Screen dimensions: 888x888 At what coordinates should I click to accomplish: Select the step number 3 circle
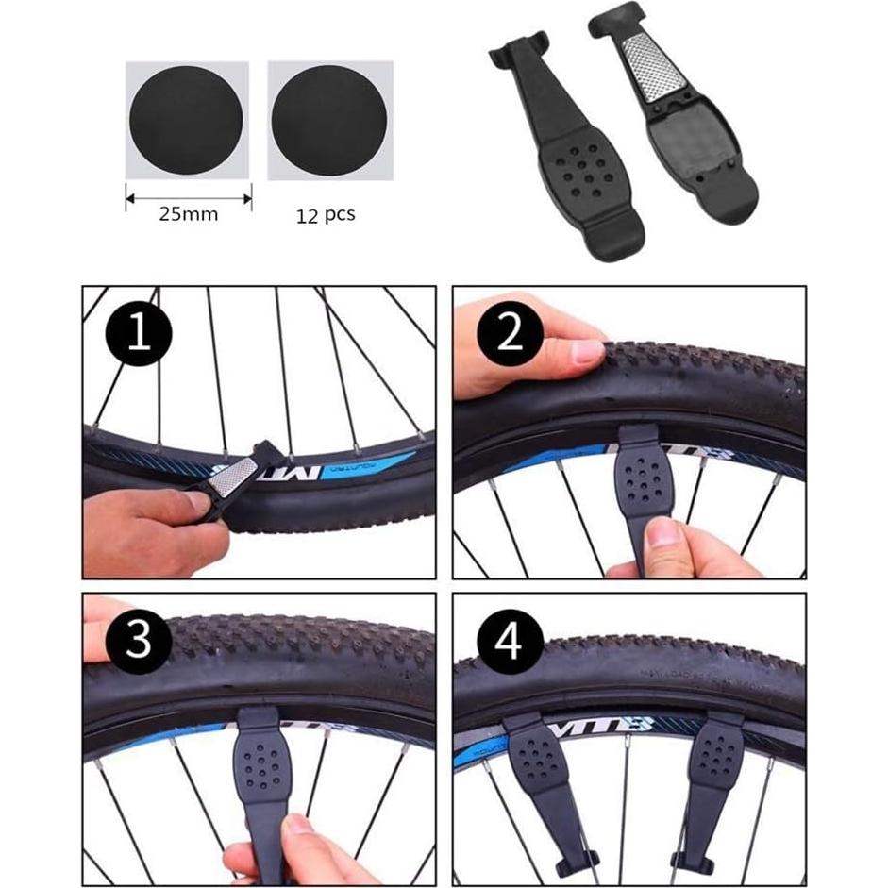point(139,642)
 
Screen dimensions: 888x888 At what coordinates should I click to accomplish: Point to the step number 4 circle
point(511,642)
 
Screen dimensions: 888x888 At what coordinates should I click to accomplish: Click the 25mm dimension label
point(188,214)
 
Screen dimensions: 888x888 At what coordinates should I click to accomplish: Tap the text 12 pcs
point(325,214)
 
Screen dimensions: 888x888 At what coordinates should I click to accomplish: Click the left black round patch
point(186,120)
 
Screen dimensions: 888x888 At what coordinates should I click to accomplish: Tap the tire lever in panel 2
point(642,481)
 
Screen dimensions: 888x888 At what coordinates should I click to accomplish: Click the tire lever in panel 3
point(262,764)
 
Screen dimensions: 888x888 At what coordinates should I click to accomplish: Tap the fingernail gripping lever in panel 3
point(300,824)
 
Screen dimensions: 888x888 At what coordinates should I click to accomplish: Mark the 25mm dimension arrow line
point(188,197)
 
